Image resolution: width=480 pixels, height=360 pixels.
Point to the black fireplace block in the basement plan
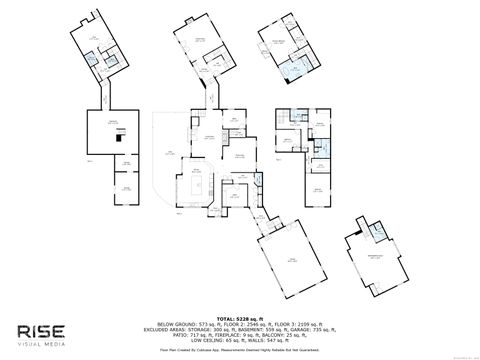tap(119, 139)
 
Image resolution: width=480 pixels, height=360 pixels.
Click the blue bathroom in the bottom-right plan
tap(378, 233)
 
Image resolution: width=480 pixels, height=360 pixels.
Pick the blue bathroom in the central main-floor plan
tap(257, 180)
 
